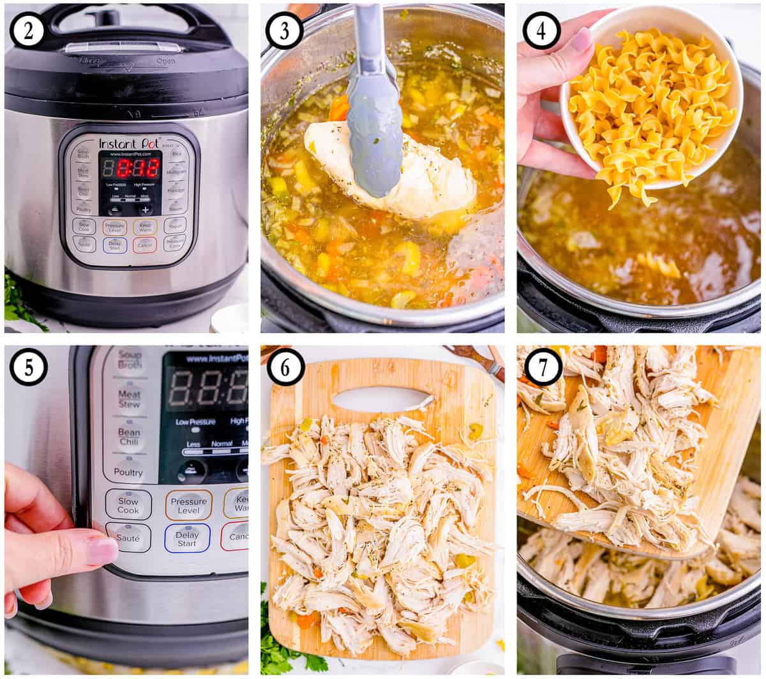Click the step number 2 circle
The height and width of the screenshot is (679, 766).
[x=27, y=31]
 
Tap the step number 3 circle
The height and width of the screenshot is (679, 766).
[x=284, y=31]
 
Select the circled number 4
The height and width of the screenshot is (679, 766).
[x=541, y=31]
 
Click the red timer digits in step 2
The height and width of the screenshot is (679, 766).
[x=137, y=169]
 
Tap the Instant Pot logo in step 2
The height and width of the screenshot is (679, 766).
[x=128, y=143]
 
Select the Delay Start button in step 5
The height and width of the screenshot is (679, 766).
[x=187, y=538]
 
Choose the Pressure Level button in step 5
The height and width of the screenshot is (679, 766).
[x=188, y=505]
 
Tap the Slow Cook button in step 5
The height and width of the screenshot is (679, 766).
[x=128, y=505]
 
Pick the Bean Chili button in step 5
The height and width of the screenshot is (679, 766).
[x=129, y=437]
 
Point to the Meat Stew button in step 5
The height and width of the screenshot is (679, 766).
[x=129, y=399]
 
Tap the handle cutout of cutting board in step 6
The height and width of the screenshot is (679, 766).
[x=381, y=400]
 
